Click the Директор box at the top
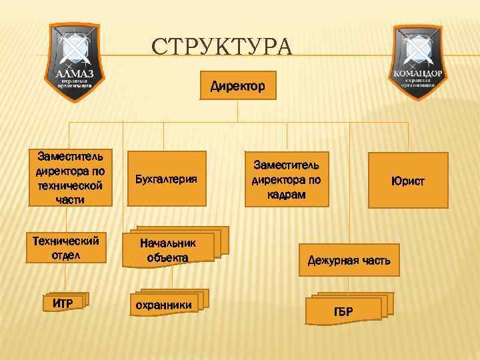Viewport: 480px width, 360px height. tap(238, 86)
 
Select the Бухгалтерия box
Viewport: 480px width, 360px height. tap(166, 179)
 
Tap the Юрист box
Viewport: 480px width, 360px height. tap(408, 180)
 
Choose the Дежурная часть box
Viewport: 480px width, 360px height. tap(349, 260)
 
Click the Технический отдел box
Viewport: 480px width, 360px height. tap(65, 247)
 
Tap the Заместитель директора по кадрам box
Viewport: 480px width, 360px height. tap(286, 179)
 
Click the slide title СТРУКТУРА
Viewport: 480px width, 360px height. tap(221, 48)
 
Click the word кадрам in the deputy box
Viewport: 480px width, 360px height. tap(286, 195)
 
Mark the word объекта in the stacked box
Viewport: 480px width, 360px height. tap(169, 258)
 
